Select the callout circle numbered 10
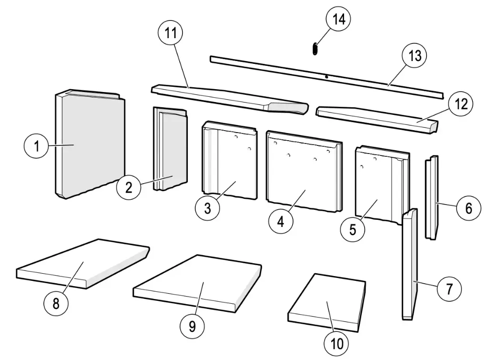pos(337,343)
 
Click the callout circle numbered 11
pos(170,34)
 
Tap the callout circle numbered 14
pos(338,20)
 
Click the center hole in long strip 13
pos(325,76)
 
